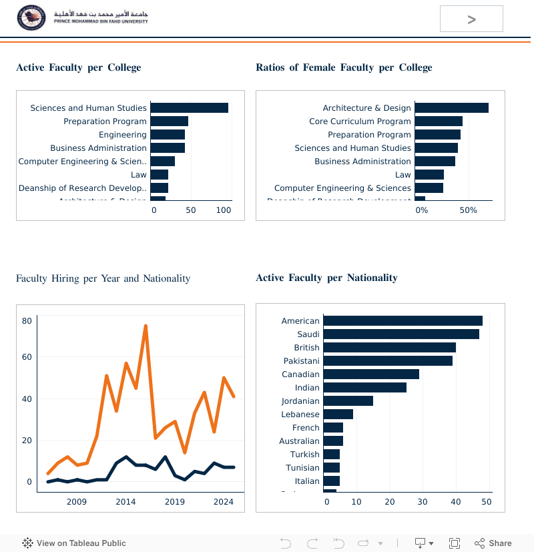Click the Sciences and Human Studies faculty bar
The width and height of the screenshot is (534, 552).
[x=189, y=108]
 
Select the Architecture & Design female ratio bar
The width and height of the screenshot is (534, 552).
[x=451, y=108]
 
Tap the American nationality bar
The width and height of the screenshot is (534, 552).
[x=403, y=321]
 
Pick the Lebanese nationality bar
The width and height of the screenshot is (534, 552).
[x=338, y=415]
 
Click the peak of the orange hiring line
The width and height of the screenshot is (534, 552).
[x=146, y=326]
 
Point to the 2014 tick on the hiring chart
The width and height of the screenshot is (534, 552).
[x=125, y=502]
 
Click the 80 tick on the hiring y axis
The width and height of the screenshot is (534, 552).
[x=27, y=321]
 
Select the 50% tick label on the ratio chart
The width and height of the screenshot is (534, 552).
[x=469, y=210]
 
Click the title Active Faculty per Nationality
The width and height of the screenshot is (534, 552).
[x=326, y=278]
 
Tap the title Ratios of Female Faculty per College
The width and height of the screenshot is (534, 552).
[x=344, y=67]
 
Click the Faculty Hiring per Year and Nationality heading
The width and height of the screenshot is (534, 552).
[x=103, y=278]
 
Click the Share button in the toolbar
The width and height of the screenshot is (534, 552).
[x=493, y=543]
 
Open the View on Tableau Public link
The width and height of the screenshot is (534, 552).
[x=74, y=543]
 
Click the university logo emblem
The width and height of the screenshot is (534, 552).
[x=32, y=17]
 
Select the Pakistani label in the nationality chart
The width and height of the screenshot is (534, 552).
[x=302, y=361]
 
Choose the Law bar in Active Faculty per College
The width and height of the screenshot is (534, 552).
[x=159, y=175]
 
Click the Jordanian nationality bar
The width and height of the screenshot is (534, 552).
[x=348, y=401]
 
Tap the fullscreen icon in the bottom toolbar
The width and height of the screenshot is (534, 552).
[x=455, y=543]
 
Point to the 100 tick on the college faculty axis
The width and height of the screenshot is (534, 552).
[x=224, y=210]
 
